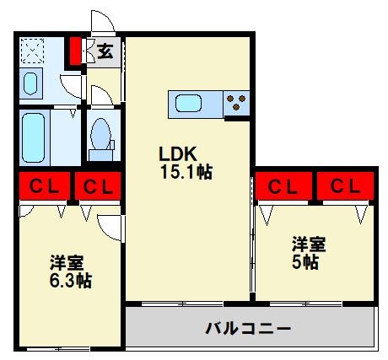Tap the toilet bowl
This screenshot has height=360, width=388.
tap(100, 135)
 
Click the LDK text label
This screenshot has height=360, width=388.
tap(178, 153)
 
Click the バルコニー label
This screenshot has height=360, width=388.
tap(249, 327)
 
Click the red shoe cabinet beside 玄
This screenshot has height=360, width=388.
tap(75, 51)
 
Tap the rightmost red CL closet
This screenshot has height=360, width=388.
tap(342, 185)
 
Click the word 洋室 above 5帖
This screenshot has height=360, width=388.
tap(309, 244)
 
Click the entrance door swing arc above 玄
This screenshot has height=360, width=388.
tap(101, 23)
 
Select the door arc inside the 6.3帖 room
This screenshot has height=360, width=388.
tap(110, 226)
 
